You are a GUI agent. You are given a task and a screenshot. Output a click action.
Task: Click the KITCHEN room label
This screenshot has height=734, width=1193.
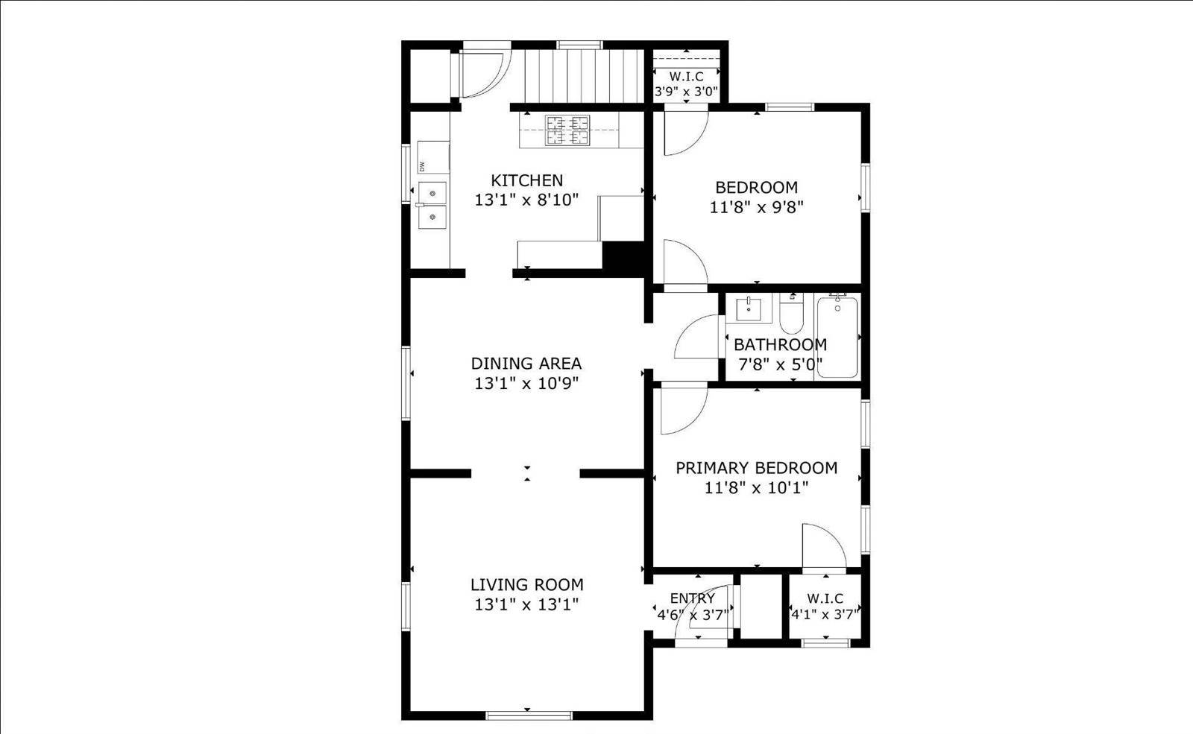click(x=526, y=180)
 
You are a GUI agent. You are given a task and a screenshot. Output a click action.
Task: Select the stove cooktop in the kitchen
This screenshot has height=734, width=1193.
click(x=567, y=130)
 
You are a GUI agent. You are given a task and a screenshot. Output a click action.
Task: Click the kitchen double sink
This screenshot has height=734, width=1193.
click(x=432, y=205)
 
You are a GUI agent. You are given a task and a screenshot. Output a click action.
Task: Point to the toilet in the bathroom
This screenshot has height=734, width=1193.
click(x=790, y=315)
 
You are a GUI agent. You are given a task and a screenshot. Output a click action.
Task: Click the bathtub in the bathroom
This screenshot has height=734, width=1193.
click(x=837, y=337)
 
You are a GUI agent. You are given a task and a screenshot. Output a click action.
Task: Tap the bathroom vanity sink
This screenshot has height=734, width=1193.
click(x=748, y=309)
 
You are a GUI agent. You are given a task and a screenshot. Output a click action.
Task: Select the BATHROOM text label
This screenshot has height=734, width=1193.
click(x=780, y=345)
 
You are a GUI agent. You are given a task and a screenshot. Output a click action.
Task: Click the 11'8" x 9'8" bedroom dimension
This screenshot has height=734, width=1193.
click(x=756, y=207)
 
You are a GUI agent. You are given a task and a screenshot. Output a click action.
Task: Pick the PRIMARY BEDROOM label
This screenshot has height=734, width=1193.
click(x=756, y=468)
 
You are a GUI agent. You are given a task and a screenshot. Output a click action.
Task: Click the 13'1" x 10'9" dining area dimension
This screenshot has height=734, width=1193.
click(x=526, y=384)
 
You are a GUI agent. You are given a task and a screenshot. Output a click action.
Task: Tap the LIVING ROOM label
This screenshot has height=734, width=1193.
click(x=526, y=585)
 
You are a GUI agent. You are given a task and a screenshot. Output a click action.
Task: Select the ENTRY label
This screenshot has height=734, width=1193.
click(x=692, y=598)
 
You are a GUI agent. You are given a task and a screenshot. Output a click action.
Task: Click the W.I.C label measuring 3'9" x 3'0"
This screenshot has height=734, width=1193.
click(x=686, y=77)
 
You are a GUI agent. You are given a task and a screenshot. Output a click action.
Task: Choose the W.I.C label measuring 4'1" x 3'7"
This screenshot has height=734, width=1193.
click(x=825, y=598)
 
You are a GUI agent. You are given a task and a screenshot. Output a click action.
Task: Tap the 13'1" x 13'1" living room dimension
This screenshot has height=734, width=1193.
click(x=526, y=604)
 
